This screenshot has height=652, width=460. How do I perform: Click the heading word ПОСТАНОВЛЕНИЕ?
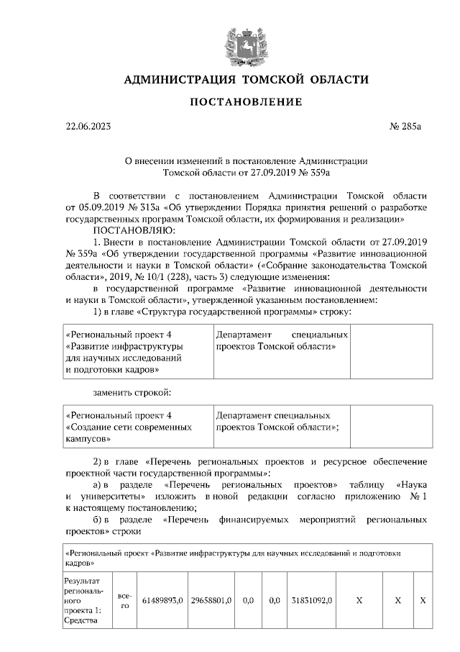tap(246, 102)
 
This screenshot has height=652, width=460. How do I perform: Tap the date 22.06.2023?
tap(89, 127)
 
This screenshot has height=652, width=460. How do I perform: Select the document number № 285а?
tap(405, 127)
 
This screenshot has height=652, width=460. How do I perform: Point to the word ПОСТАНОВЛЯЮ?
tap(133, 230)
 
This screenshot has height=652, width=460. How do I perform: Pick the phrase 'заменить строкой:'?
tap(132, 394)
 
